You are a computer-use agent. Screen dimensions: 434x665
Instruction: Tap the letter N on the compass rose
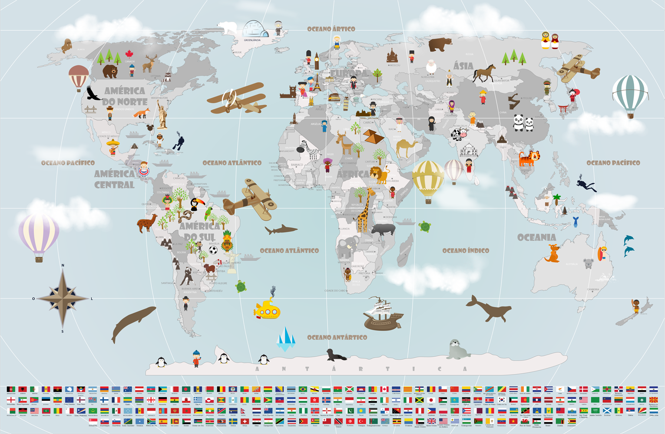[63, 265]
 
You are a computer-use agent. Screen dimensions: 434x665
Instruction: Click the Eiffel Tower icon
[318, 82]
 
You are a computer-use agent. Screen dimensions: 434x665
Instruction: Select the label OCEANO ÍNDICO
[466, 250]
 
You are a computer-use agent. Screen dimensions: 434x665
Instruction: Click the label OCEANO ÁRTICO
[331, 29]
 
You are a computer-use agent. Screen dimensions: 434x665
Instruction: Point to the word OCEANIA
[536, 237]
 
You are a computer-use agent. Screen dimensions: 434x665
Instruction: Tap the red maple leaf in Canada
[129, 54]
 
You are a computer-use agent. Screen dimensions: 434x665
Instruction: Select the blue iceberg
[286, 339]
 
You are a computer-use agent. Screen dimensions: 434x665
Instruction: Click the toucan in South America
[195, 204]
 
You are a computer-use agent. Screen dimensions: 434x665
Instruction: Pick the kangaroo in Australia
[552, 253]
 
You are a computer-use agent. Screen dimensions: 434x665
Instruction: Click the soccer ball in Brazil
[213, 250]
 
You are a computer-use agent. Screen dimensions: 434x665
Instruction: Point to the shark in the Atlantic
[281, 230]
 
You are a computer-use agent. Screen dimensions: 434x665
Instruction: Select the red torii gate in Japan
[563, 109]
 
